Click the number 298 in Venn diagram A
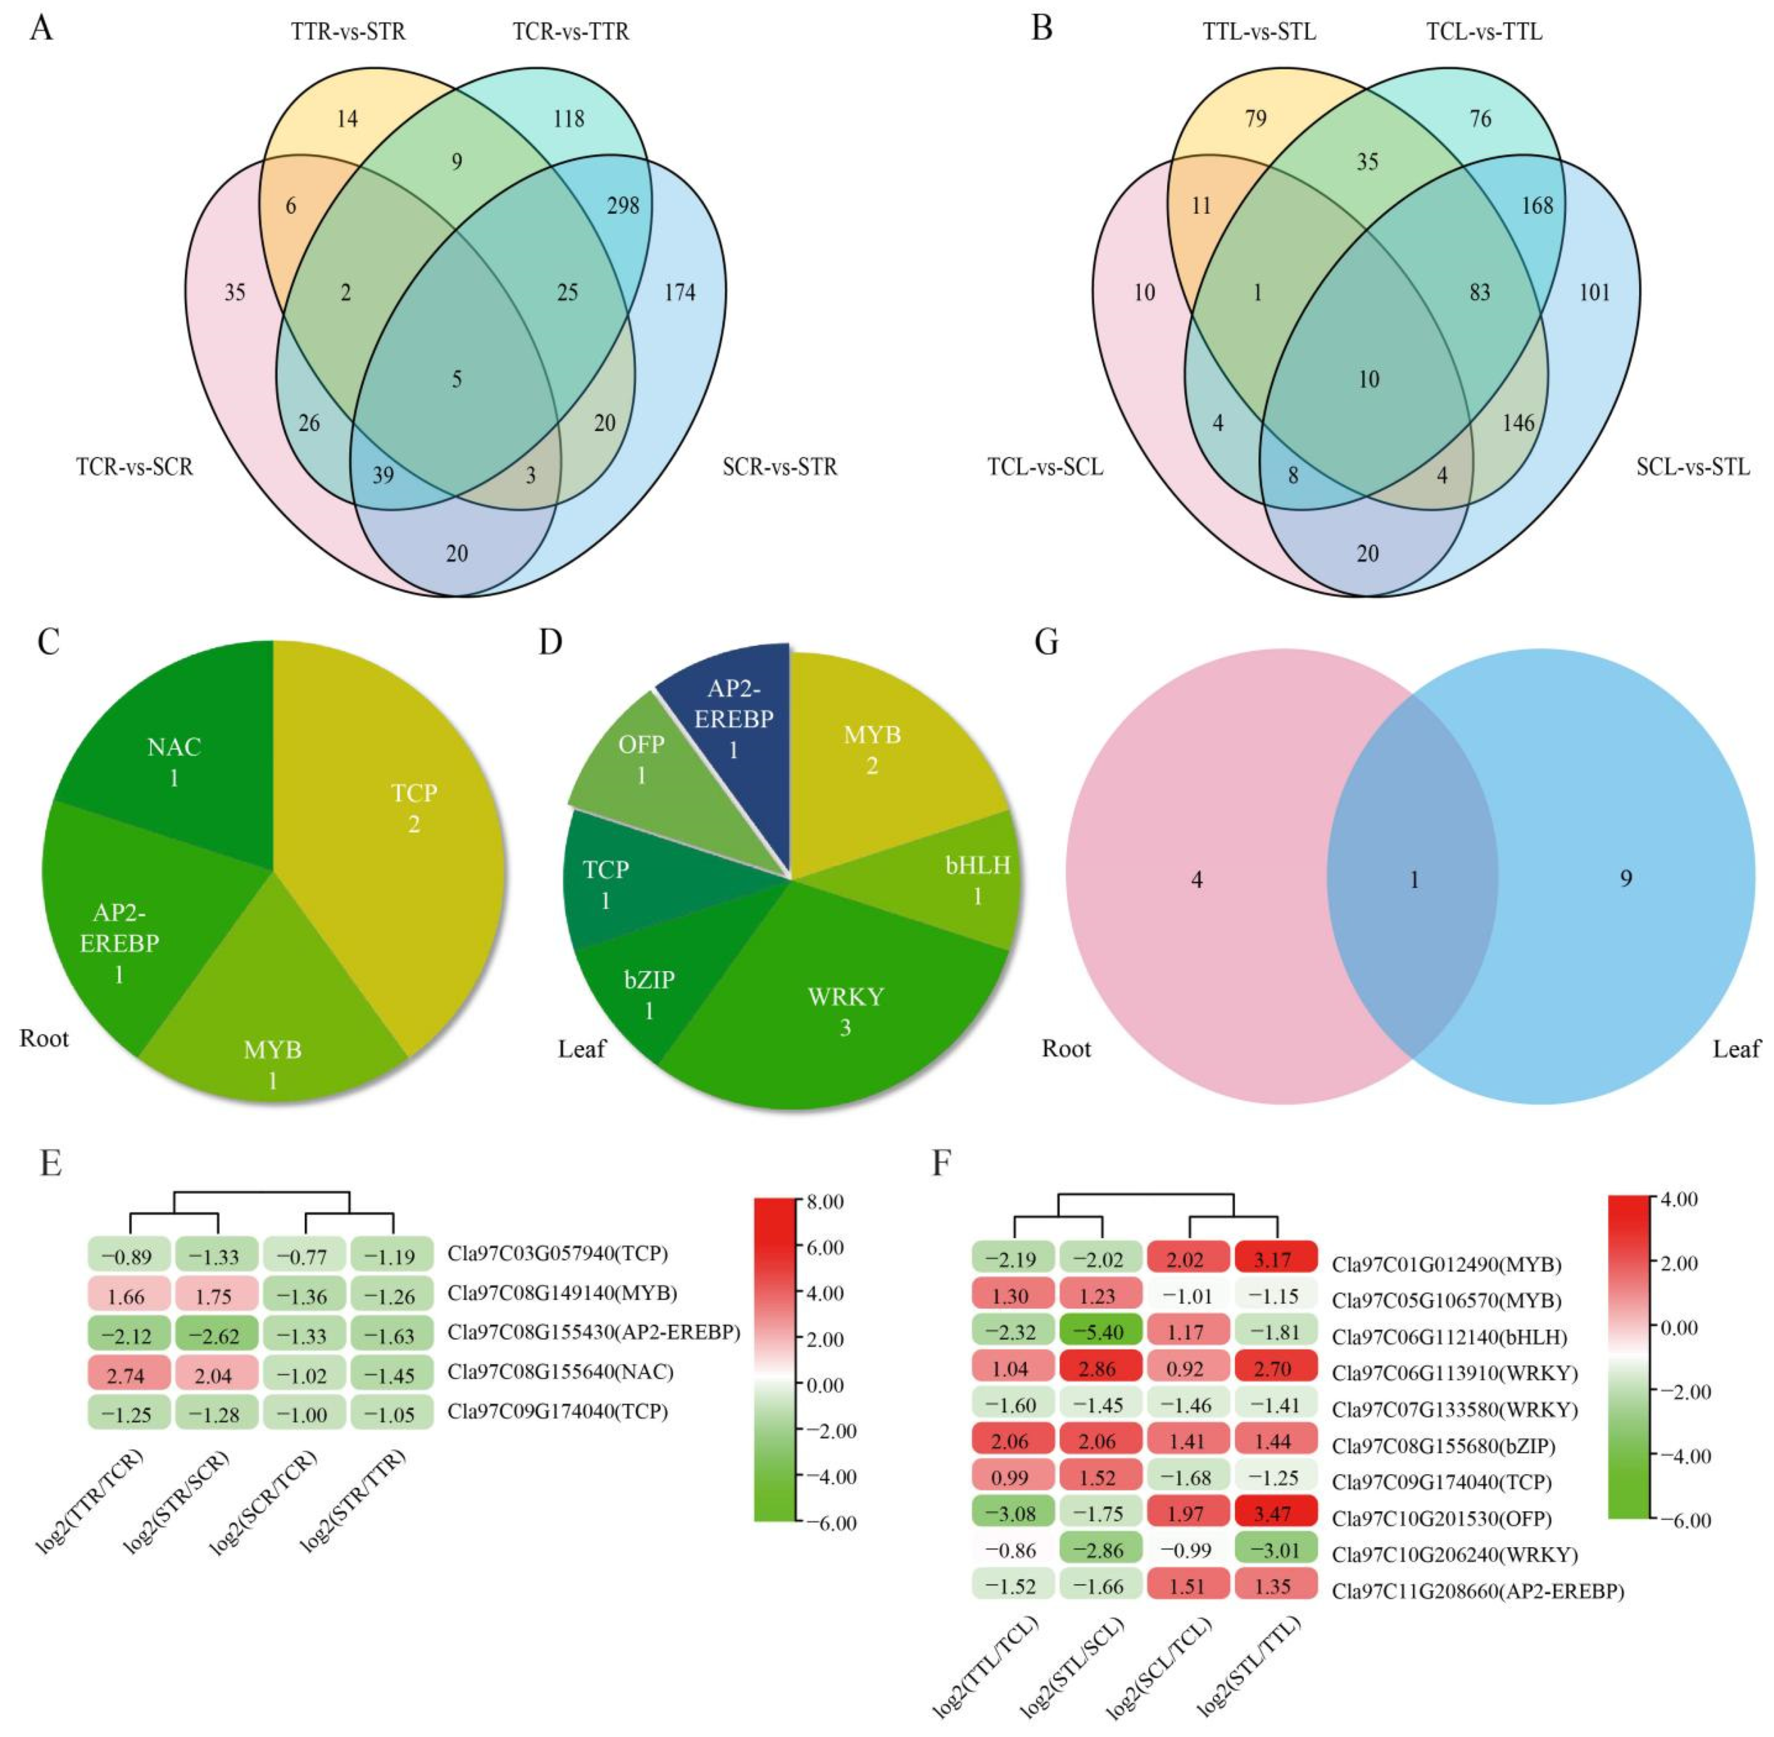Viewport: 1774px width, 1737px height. tap(623, 205)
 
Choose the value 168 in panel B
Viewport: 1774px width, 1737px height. tap(1537, 205)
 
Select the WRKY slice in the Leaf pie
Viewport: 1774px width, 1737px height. tap(845, 1011)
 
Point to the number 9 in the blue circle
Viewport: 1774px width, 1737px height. tap(1625, 878)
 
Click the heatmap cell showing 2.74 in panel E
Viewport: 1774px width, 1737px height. tap(126, 1375)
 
